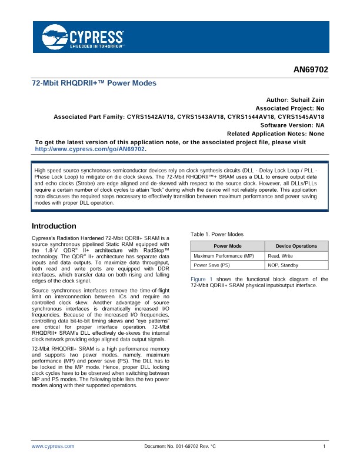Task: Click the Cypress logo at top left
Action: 83,36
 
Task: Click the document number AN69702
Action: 311,70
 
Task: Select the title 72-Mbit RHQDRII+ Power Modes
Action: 94,84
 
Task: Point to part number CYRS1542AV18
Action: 151,117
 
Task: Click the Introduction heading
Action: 54,226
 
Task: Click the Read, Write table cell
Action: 281,256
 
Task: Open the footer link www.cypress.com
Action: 53,447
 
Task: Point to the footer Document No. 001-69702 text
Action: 180,447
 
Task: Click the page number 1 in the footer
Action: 325,447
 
